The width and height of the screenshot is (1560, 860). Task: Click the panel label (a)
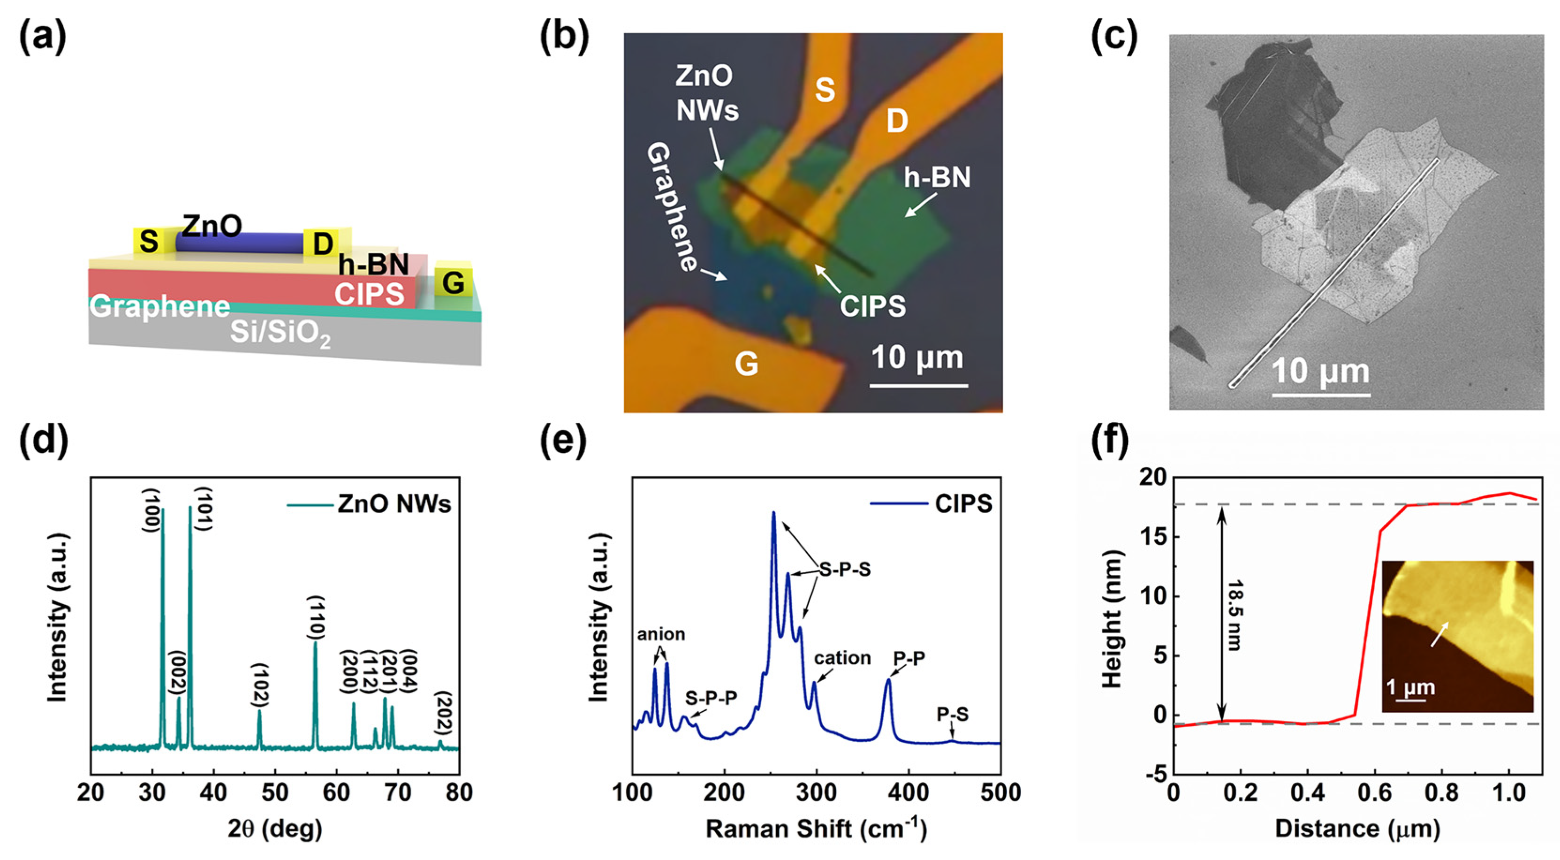tap(42, 38)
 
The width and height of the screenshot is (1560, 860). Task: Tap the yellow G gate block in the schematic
tap(453, 282)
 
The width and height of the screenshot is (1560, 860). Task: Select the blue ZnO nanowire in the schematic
tap(239, 244)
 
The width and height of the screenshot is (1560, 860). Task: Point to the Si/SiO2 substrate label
tap(280, 334)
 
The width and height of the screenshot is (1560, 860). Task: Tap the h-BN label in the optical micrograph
tap(937, 177)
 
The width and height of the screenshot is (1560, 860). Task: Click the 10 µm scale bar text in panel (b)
tap(917, 358)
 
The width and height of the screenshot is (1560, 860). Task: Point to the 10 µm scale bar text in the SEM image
tap(1320, 371)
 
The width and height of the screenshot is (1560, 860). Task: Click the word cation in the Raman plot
tap(842, 658)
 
